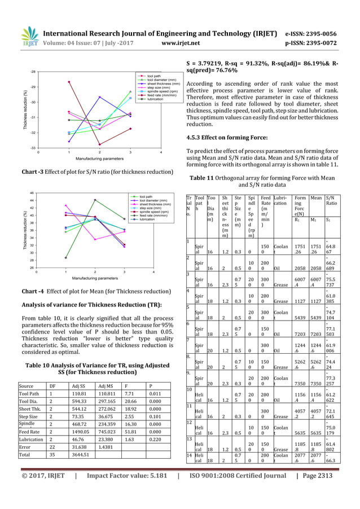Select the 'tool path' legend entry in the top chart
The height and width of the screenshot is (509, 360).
[153, 75]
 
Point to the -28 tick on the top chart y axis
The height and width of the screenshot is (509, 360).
[33, 72]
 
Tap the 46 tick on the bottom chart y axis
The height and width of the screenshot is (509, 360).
[31, 193]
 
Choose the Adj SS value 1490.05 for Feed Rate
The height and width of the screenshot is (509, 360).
[81, 431]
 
